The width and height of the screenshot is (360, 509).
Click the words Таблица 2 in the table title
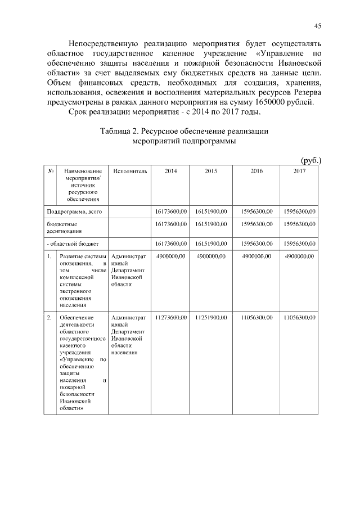click(x=120, y=131)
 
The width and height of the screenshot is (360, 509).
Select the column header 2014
click(x=170, y=171)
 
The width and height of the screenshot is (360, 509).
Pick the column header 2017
click(x=299, y=171)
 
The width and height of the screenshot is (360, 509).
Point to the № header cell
click(x=51, y=171)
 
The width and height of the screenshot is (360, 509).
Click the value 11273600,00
click(x=170, y=318)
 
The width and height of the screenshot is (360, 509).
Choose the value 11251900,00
click(x=211, y=318)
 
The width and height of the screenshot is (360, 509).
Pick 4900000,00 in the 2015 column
click(x=211, y=256)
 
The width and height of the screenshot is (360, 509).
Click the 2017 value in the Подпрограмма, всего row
click(x=299, y=211)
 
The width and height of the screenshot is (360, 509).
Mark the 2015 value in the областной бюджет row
click(x=211, y=244)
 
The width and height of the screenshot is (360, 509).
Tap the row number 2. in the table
click(x=50, y=318)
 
